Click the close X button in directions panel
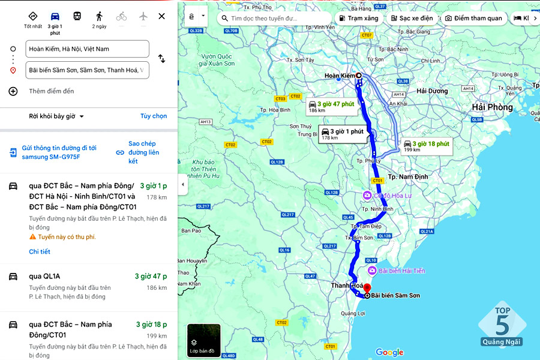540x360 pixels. click(x=161, y=16)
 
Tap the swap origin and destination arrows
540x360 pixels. click(x=161, y=59)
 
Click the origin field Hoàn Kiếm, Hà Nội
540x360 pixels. click(x=88, y=49)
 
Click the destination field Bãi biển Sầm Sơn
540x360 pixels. click(x=88, y=70)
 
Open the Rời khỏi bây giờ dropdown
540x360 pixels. click(x=56, y=116)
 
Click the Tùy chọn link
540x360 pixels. click(x=154, y=116)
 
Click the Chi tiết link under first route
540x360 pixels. click(x=40, y=251)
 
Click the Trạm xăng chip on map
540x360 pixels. click(x=359, y=18)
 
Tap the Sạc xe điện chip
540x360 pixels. click(x=412, y=18)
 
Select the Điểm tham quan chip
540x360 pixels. click(x=473, y=18)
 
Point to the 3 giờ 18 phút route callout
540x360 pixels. click(x=427, y=146)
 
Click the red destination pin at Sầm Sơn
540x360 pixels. click(x=367, y=289)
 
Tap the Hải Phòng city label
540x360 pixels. click(x=492, y=107)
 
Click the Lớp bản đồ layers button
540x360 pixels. click(x=203, y=340)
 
